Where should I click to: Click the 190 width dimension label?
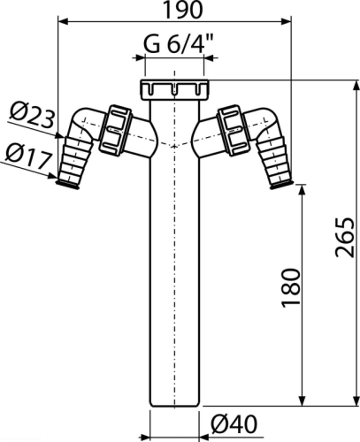[182, 10]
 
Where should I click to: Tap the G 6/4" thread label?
[178, 44]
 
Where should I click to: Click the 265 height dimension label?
[344, 238]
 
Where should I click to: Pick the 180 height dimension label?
[291, 288]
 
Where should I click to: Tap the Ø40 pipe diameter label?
[234, 424]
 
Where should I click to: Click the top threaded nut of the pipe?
[174, 90]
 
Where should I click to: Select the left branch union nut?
[115, 130]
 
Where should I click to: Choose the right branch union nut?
[234, 130]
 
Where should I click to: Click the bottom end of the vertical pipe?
[174, 405]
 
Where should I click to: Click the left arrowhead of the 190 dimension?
[64, 21]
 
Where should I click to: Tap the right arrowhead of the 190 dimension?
[286, 21]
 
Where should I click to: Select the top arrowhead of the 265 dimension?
[357, 86]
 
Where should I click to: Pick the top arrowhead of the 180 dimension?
[302, 190]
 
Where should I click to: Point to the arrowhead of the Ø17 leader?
[52, 176]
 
